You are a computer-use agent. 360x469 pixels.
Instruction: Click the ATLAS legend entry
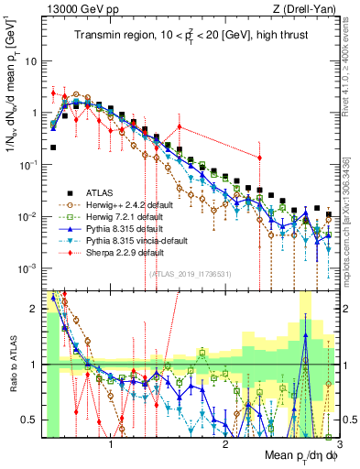pyautogui.click(x=99, y=192)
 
